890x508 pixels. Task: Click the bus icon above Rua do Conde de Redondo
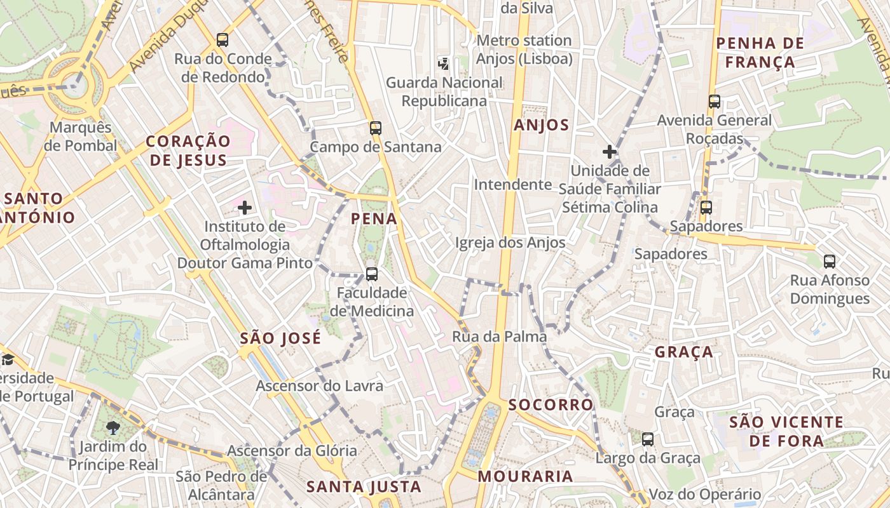click(x=222, y=40)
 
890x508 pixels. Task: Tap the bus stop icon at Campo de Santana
click(x=376, y=128)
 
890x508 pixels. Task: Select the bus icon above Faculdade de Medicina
click(x=372, y=274)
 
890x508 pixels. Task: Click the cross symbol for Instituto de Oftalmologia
click(x=245, y=208)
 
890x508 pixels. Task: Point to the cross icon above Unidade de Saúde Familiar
click(x=610, y=152)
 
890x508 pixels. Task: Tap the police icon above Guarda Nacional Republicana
click(x=444, y=63)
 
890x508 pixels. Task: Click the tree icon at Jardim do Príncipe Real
click(x=114, y=427)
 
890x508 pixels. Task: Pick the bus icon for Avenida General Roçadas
click(x=715, y=101)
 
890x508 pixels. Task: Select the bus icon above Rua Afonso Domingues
click(x=830, y=261)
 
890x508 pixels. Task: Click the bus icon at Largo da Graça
click(x=648, y=439)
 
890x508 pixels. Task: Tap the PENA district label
click(x=374, y=219)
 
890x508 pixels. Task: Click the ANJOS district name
click(x=542, y=125)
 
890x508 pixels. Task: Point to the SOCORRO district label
click(x=551, y=404)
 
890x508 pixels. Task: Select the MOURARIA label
click(x=525, y=476)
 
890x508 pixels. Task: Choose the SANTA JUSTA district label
click(x=364, y=487)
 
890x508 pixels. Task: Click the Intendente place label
click(x=513, y=185)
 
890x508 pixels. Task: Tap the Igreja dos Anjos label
click(x=510, y=243)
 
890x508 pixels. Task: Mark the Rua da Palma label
click(x=499, y=337)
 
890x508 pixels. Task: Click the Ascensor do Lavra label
click(x=319, y=385)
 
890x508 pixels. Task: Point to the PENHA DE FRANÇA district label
click(x=760, y=53)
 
